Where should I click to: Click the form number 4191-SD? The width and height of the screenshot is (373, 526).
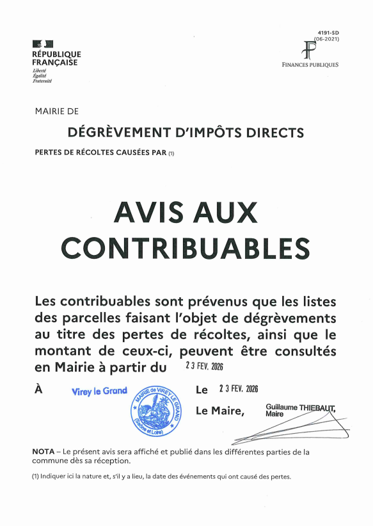click(328, 32)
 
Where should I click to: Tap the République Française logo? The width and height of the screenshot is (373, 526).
click(56, 62)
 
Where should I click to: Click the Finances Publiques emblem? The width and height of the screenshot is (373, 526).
click(310, 51)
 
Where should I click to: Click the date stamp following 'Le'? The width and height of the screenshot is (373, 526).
click(238, 390)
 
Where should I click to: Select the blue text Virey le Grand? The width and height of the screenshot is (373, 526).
click(99, 391)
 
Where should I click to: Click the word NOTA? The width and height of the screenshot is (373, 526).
click(44, 452)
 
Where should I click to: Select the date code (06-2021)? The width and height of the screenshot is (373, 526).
click(326, 38)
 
